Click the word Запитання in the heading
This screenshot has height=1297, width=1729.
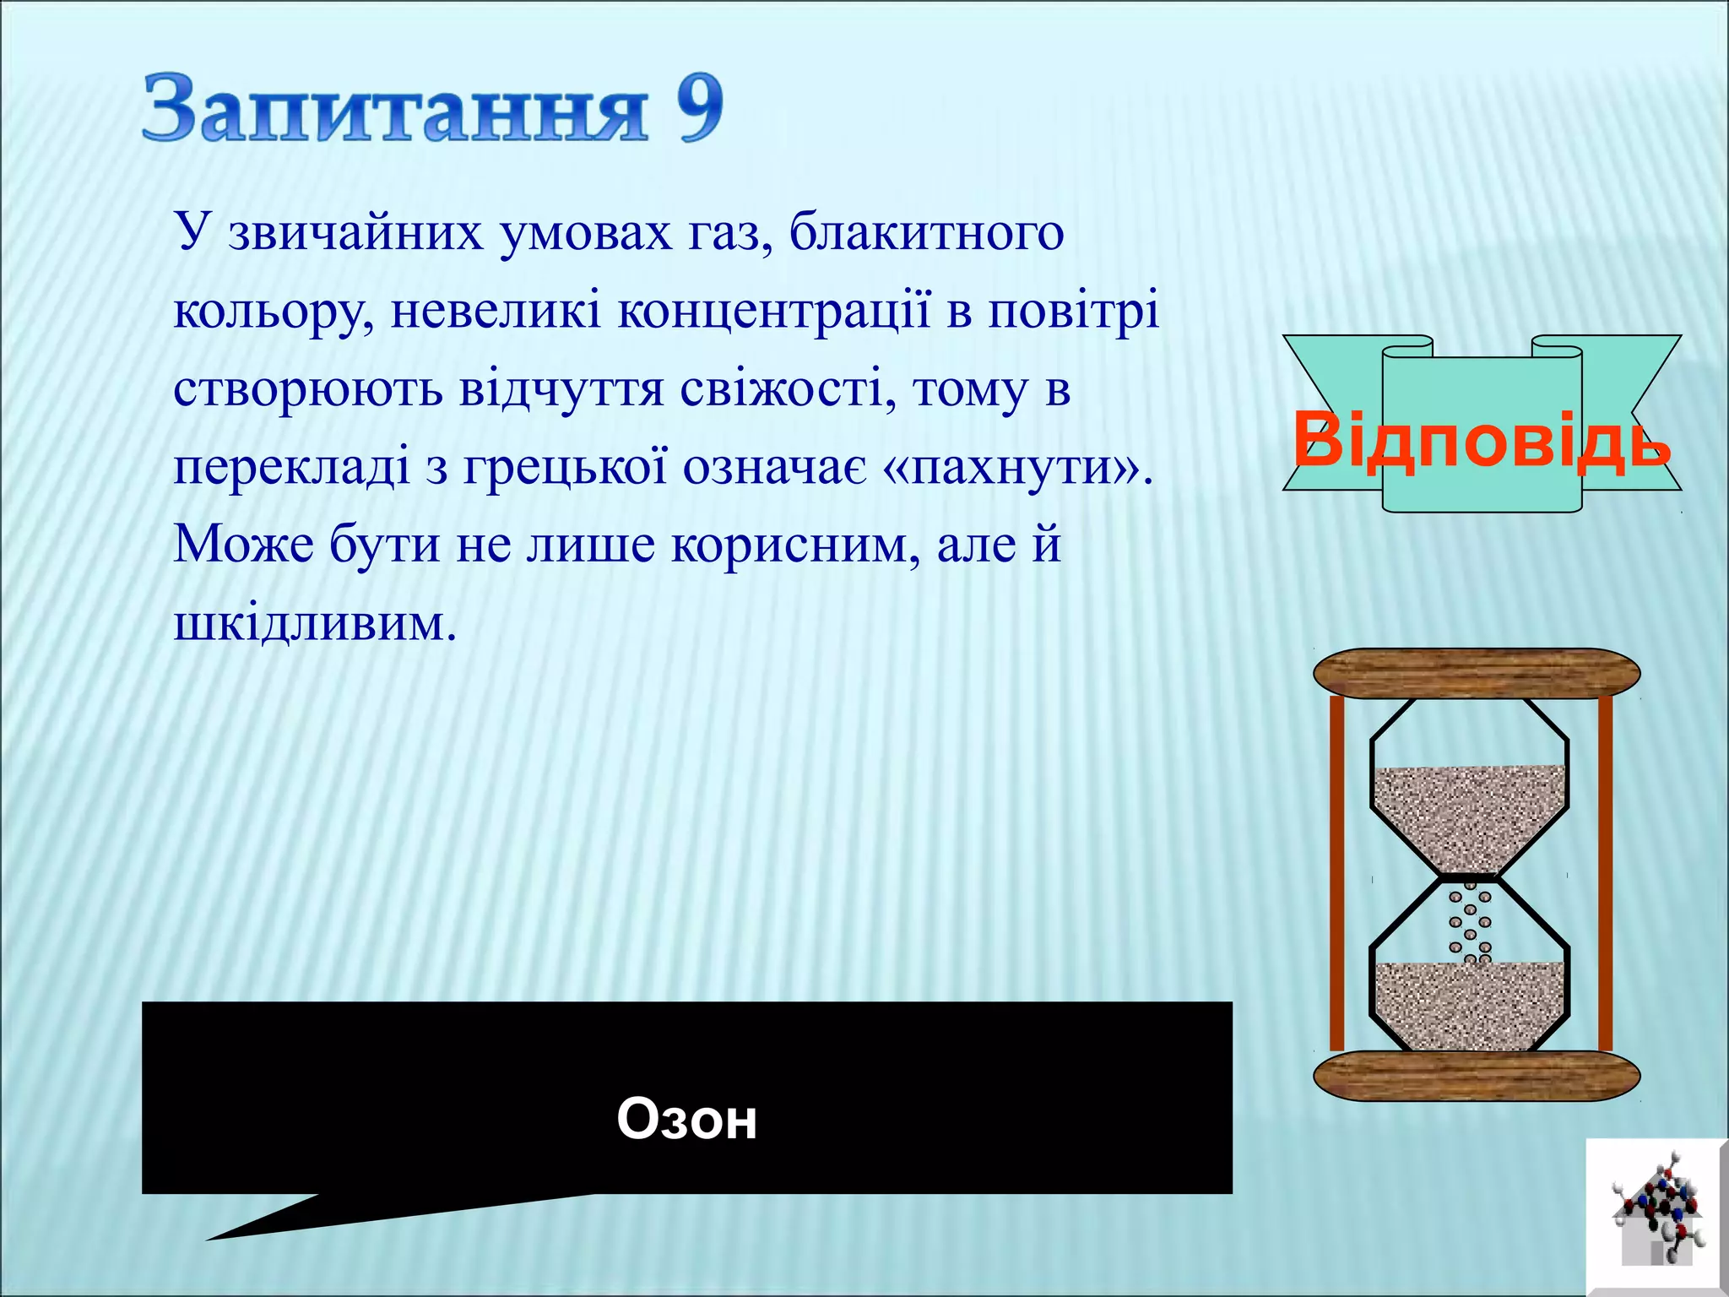coord(395,110)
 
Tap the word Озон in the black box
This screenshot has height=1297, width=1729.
coord(686,1120)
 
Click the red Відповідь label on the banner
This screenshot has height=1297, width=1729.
coord(1482,440)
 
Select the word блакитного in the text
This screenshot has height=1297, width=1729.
coord(926,233)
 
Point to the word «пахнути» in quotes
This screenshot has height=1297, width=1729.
coord(1016,467)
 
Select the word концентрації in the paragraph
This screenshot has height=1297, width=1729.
coord(774,311)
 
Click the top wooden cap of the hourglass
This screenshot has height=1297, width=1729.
coord(1476,673)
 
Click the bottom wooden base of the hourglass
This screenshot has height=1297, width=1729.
coord(1476,1076)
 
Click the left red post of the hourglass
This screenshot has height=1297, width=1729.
coord(1336,870)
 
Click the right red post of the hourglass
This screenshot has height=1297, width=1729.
coord(1605,870)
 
